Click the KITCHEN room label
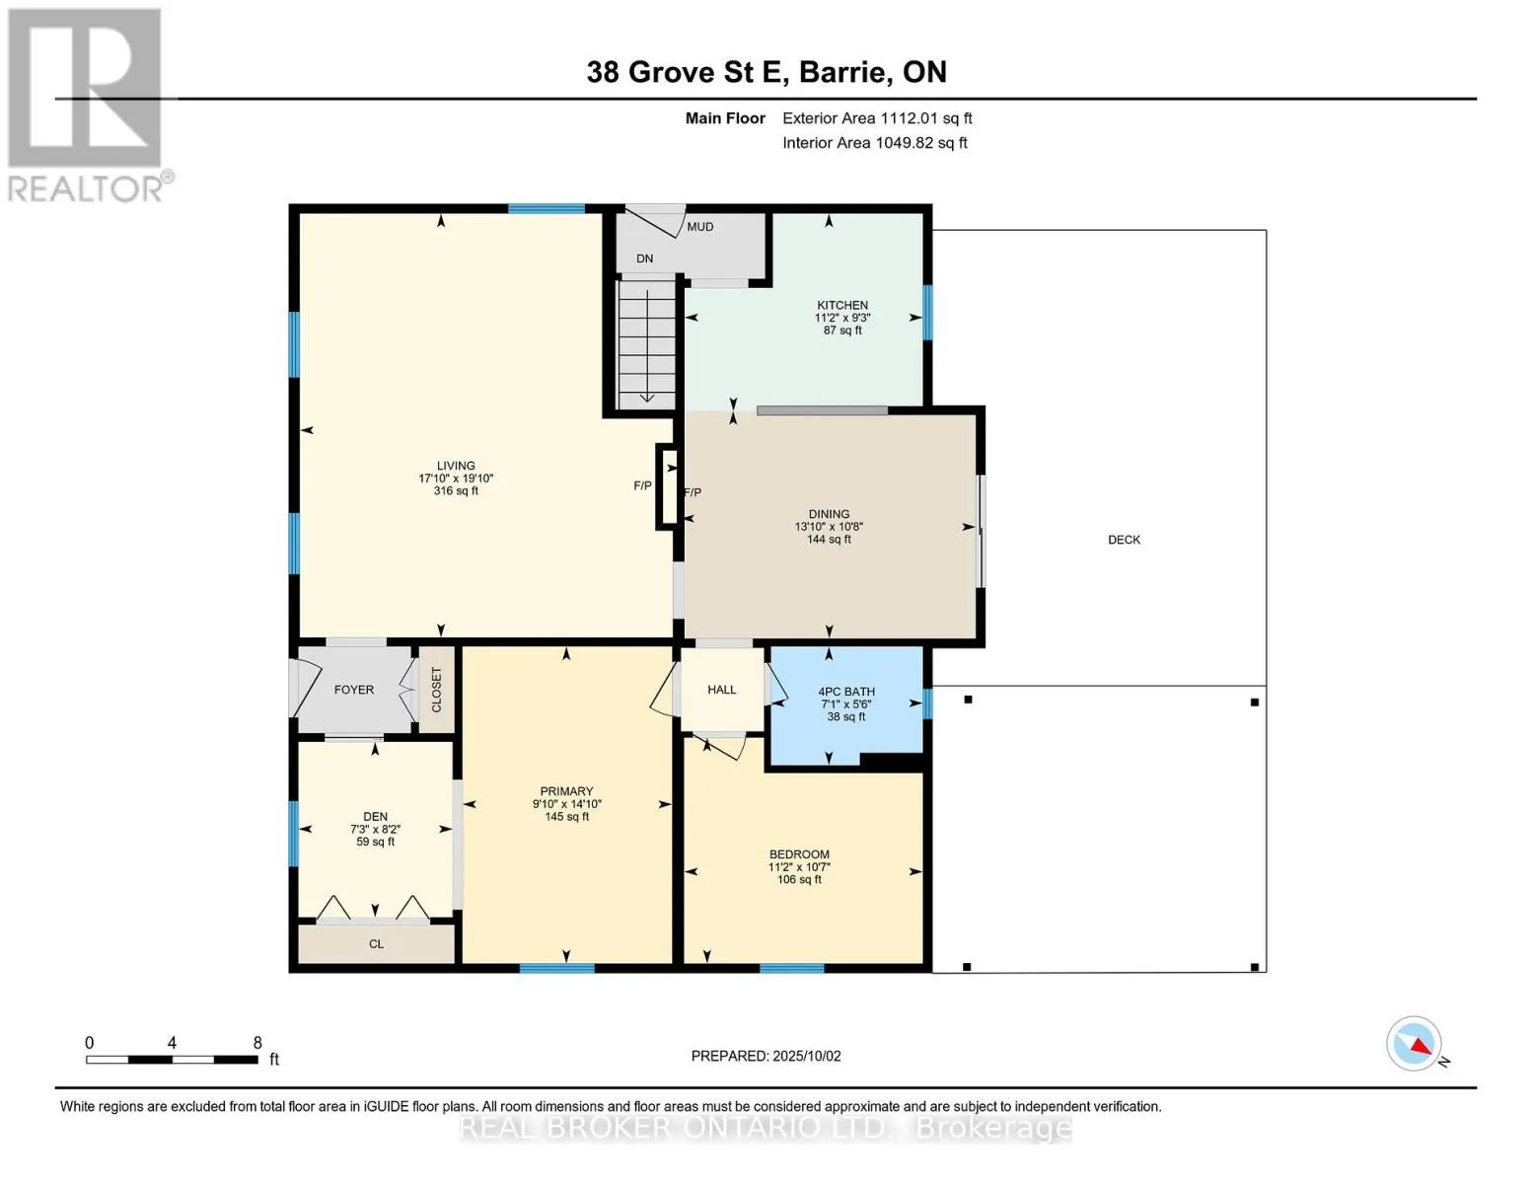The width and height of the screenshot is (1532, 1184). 842,305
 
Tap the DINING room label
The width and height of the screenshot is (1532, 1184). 829,514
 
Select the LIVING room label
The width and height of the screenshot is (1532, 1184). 456,466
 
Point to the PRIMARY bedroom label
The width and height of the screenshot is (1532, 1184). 567,791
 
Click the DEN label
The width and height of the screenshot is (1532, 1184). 375,817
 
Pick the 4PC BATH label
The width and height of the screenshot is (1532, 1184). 846,692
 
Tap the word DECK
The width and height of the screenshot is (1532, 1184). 1124,540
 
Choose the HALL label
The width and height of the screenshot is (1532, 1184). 722,690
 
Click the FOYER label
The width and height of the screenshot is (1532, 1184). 354,690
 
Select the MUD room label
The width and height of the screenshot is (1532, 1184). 700,227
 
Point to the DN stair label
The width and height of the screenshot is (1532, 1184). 644,259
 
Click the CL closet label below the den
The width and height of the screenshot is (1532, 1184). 377,944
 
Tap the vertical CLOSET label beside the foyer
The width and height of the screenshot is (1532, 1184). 436,690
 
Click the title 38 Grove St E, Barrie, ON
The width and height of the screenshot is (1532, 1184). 766,72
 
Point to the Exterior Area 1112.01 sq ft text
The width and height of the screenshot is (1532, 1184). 877,118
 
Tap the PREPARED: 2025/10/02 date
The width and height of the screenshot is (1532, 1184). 766,1056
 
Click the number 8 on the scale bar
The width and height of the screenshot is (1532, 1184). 257,1042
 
